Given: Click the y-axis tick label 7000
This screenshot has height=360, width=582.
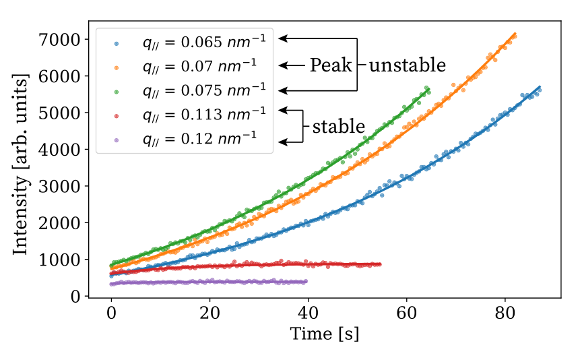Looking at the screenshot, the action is [59, 40].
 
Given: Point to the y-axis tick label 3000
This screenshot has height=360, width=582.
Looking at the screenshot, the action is [59, 186].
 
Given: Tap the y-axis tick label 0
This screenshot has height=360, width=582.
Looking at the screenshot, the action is [75, 297].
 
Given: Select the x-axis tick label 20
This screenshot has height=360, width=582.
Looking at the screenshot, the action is [209, 313].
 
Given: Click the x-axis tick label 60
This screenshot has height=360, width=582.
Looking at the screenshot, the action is [406, 313].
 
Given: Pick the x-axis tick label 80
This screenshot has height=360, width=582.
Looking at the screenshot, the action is [505, 313].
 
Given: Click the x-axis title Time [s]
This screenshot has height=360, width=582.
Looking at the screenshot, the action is [325, 334].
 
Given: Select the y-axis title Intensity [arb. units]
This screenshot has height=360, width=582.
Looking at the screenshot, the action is [21, 164].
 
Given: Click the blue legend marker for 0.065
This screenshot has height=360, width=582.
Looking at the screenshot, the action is [116, 43].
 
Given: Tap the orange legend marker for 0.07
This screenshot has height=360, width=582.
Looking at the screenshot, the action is [116, 67].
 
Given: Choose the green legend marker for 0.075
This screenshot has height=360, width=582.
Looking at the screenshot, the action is [116, 92].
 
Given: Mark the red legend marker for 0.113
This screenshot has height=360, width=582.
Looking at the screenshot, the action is [116, 116].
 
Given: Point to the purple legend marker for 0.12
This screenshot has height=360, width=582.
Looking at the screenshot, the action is [116, 140].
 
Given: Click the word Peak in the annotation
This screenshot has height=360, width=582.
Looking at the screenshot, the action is [331, 65].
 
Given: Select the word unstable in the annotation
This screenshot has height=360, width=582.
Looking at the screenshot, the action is [407, 65].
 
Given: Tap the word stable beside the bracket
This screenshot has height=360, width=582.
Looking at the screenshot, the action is [339, 127].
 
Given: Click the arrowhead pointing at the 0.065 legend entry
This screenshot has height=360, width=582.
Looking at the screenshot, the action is [282, 38].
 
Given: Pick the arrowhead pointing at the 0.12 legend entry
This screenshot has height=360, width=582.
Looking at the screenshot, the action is [282, 142].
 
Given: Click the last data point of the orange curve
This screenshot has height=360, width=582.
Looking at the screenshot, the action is [515, 36].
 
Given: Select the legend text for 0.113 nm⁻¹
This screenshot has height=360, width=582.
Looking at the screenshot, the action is [205, 115].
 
